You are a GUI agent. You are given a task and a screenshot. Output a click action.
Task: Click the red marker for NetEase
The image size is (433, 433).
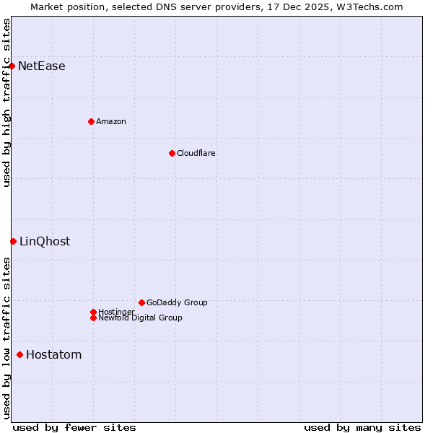[x=12, y=66]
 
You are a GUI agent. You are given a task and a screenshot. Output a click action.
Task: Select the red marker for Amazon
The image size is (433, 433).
[x=91, y=121]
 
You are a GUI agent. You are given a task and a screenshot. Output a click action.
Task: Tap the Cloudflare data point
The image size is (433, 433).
[x=172, y=153]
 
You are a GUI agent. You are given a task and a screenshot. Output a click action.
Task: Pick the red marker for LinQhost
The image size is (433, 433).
[x=13, y=241]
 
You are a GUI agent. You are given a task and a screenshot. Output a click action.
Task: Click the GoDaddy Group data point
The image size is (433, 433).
[x=141, y=302]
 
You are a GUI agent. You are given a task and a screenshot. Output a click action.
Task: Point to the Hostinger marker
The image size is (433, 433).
[x=93, y=312]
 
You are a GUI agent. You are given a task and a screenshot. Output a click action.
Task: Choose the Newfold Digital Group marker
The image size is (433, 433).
[x=93, y=318]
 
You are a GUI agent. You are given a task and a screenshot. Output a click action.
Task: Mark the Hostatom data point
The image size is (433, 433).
[x=19, y=354]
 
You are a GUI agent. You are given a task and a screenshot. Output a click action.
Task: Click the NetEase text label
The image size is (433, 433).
[x=42, y=66]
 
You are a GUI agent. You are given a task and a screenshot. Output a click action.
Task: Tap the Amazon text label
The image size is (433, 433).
[x=111, y=121]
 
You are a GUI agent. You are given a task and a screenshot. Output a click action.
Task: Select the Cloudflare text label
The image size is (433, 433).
[x=196, y=153]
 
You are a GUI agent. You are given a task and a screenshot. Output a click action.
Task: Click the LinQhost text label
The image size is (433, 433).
[x=45, y=241]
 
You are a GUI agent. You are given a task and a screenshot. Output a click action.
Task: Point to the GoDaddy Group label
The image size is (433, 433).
[x=177, y=302]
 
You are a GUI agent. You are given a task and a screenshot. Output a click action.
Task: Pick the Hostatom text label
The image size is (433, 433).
[x=54, y=354]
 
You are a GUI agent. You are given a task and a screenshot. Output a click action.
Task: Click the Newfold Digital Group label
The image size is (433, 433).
[x=141, y=318]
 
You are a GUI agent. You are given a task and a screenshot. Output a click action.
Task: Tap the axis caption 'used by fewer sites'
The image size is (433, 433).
[x=74, y=427]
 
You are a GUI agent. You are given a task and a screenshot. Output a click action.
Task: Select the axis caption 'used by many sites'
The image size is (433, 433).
[x=362, y=427]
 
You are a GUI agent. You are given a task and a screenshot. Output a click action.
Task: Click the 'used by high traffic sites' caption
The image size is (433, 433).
[x=7, y=102]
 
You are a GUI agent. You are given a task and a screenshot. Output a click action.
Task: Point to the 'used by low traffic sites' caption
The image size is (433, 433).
[x=7, y=338]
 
